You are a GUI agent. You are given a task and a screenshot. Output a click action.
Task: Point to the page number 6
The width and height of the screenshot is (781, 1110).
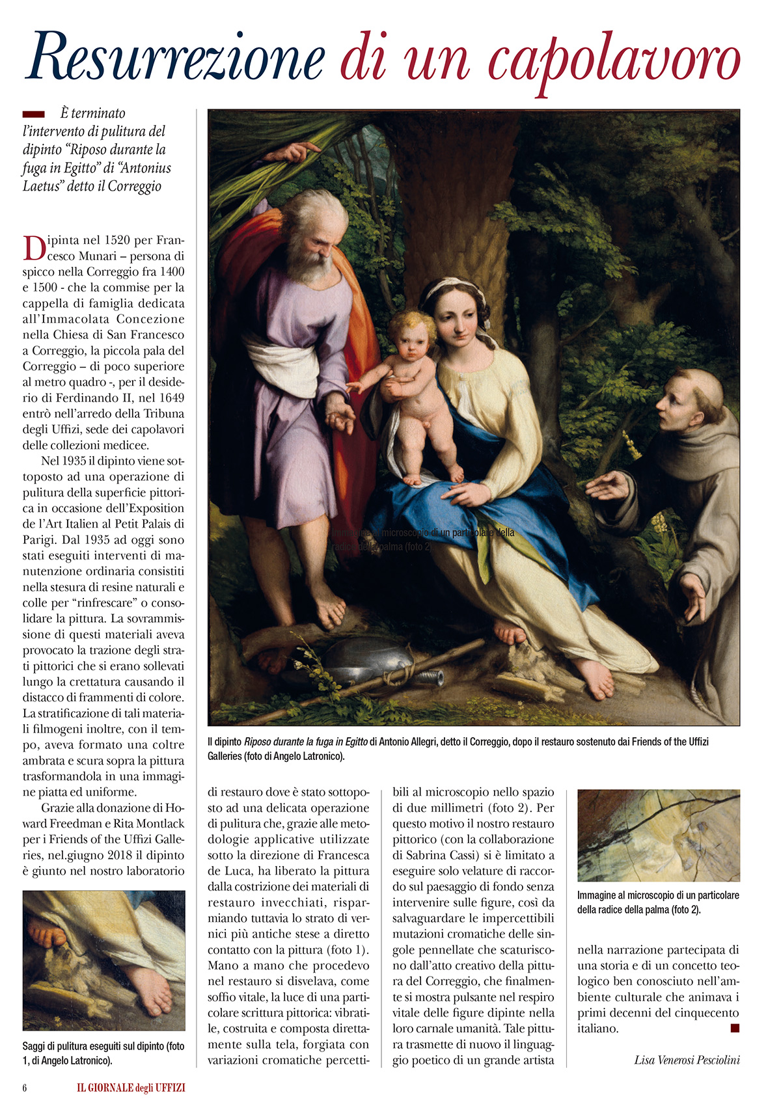(x=25, y=1088)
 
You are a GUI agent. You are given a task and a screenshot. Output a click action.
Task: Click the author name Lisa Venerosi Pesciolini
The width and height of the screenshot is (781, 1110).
(x=687, y=1060)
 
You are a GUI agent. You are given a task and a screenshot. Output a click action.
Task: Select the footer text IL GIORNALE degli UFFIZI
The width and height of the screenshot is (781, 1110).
(x=131, y=1088)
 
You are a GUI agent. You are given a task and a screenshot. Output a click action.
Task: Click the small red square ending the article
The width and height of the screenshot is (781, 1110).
(x=735, y=1028)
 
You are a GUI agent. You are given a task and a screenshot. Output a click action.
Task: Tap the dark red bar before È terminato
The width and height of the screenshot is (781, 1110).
(x=34, y=114)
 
